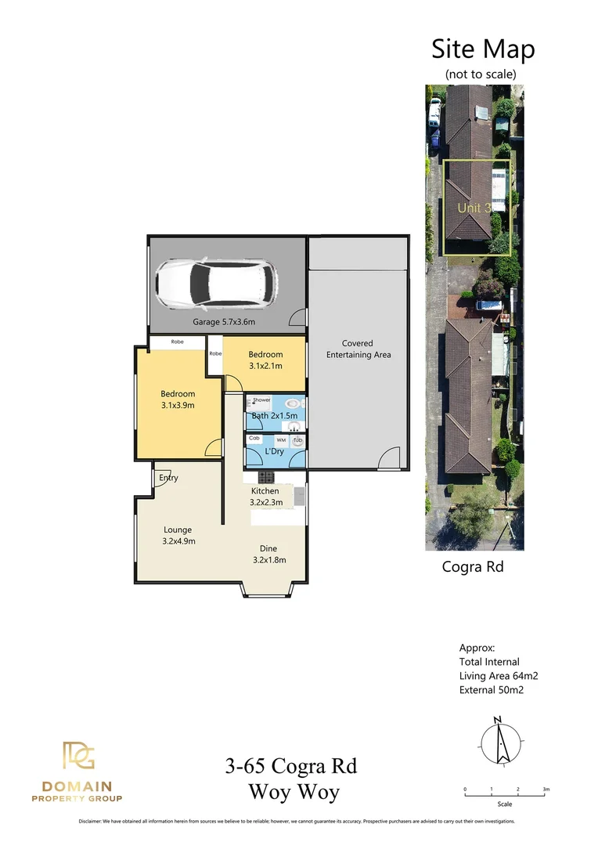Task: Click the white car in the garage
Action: tap(215, 284)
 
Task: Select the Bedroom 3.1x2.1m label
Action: tap(265, 360)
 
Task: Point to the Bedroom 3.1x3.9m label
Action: tap(178, 399)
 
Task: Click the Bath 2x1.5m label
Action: tap(275, 415)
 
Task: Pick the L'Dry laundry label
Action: tap(274, 452)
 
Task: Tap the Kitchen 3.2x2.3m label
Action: tap(265, 497)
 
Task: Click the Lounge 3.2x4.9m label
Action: tap(178, 535)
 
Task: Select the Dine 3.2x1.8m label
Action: tap(268, 554)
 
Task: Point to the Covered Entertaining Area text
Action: tap(358, 349)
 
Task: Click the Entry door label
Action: tap(168, 478)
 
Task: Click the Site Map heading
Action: tap(483, 49)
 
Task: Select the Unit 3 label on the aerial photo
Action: tap(474, 208)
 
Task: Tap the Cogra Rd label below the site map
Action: tap(468, 566)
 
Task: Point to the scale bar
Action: tap(505, 795)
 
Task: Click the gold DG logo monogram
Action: tap(78, 757)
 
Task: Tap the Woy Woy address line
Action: tap(294, 791)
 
